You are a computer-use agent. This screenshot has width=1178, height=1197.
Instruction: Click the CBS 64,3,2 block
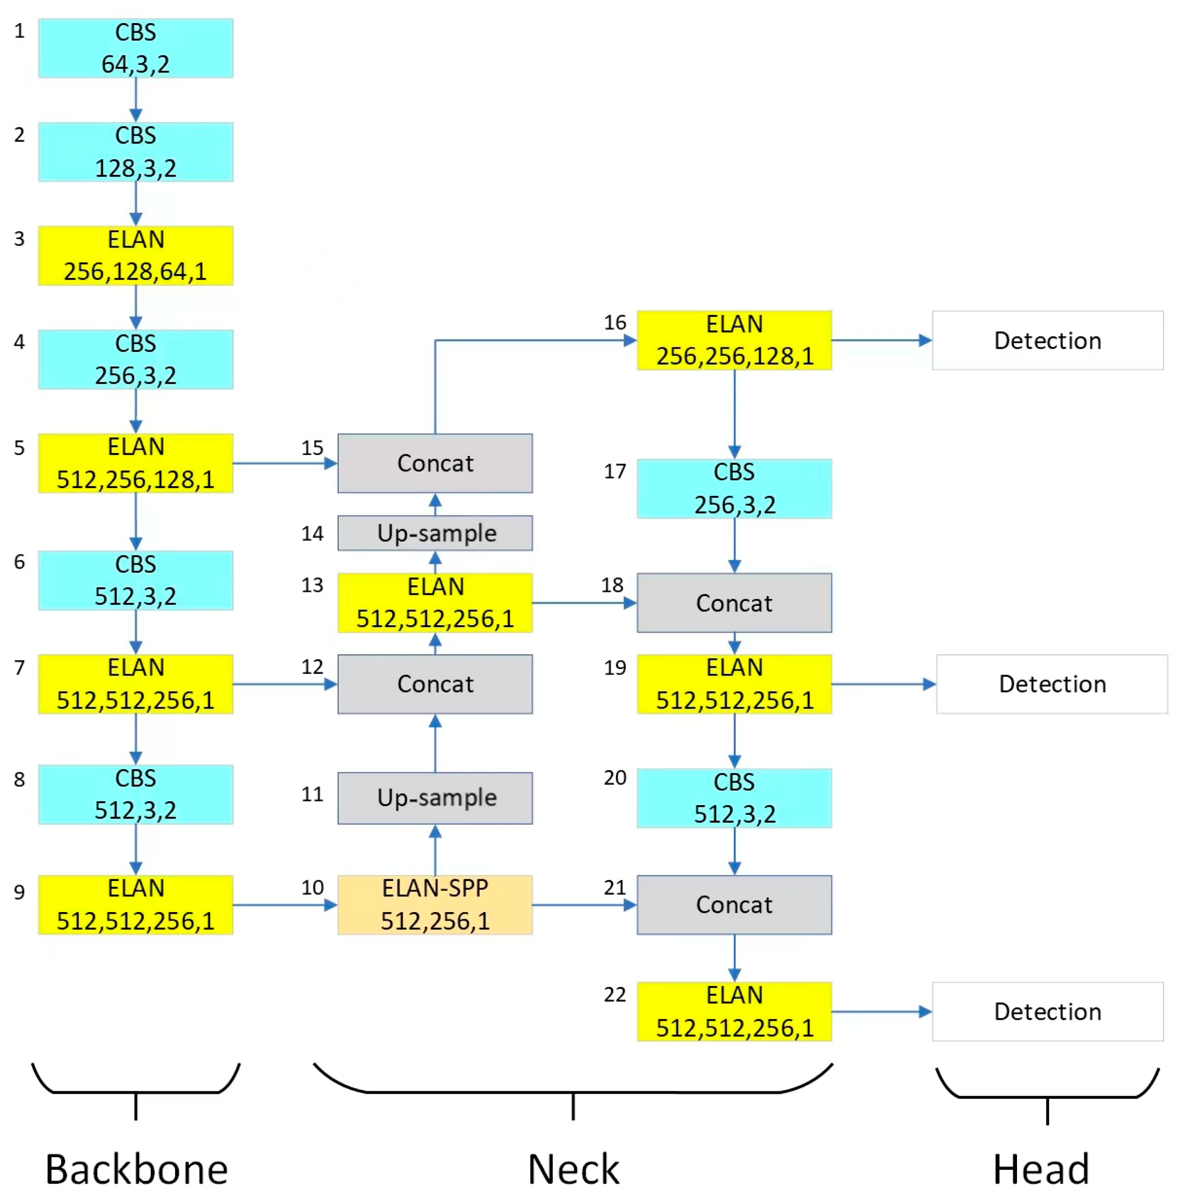click(x=135, y=48)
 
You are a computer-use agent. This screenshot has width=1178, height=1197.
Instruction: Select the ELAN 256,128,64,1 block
click(x=135, y=255)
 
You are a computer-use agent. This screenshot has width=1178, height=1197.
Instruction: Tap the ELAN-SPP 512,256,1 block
click(x=435, y=904)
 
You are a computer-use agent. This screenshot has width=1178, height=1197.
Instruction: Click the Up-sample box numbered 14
click(x=435, y=533)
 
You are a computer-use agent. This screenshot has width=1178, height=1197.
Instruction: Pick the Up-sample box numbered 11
click(x=435, y=797)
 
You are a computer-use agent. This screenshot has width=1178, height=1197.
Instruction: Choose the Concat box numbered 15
click(x=435, y=463)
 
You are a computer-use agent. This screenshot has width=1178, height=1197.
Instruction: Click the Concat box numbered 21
click(x=734, y=904)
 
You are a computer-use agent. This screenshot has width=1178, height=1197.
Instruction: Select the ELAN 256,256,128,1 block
click(x=734, y=340)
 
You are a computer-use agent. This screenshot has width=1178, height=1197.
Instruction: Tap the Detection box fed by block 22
click(x=1047, y=1011)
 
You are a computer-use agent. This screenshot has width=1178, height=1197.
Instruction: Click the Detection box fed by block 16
click(x=1047, y=340)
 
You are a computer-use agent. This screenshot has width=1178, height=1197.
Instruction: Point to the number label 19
click(x=615, y=668)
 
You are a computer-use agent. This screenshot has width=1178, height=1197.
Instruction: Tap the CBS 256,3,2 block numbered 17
click(x=734, y=488)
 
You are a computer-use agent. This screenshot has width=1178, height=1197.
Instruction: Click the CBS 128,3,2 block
click(x=135, y=152)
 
